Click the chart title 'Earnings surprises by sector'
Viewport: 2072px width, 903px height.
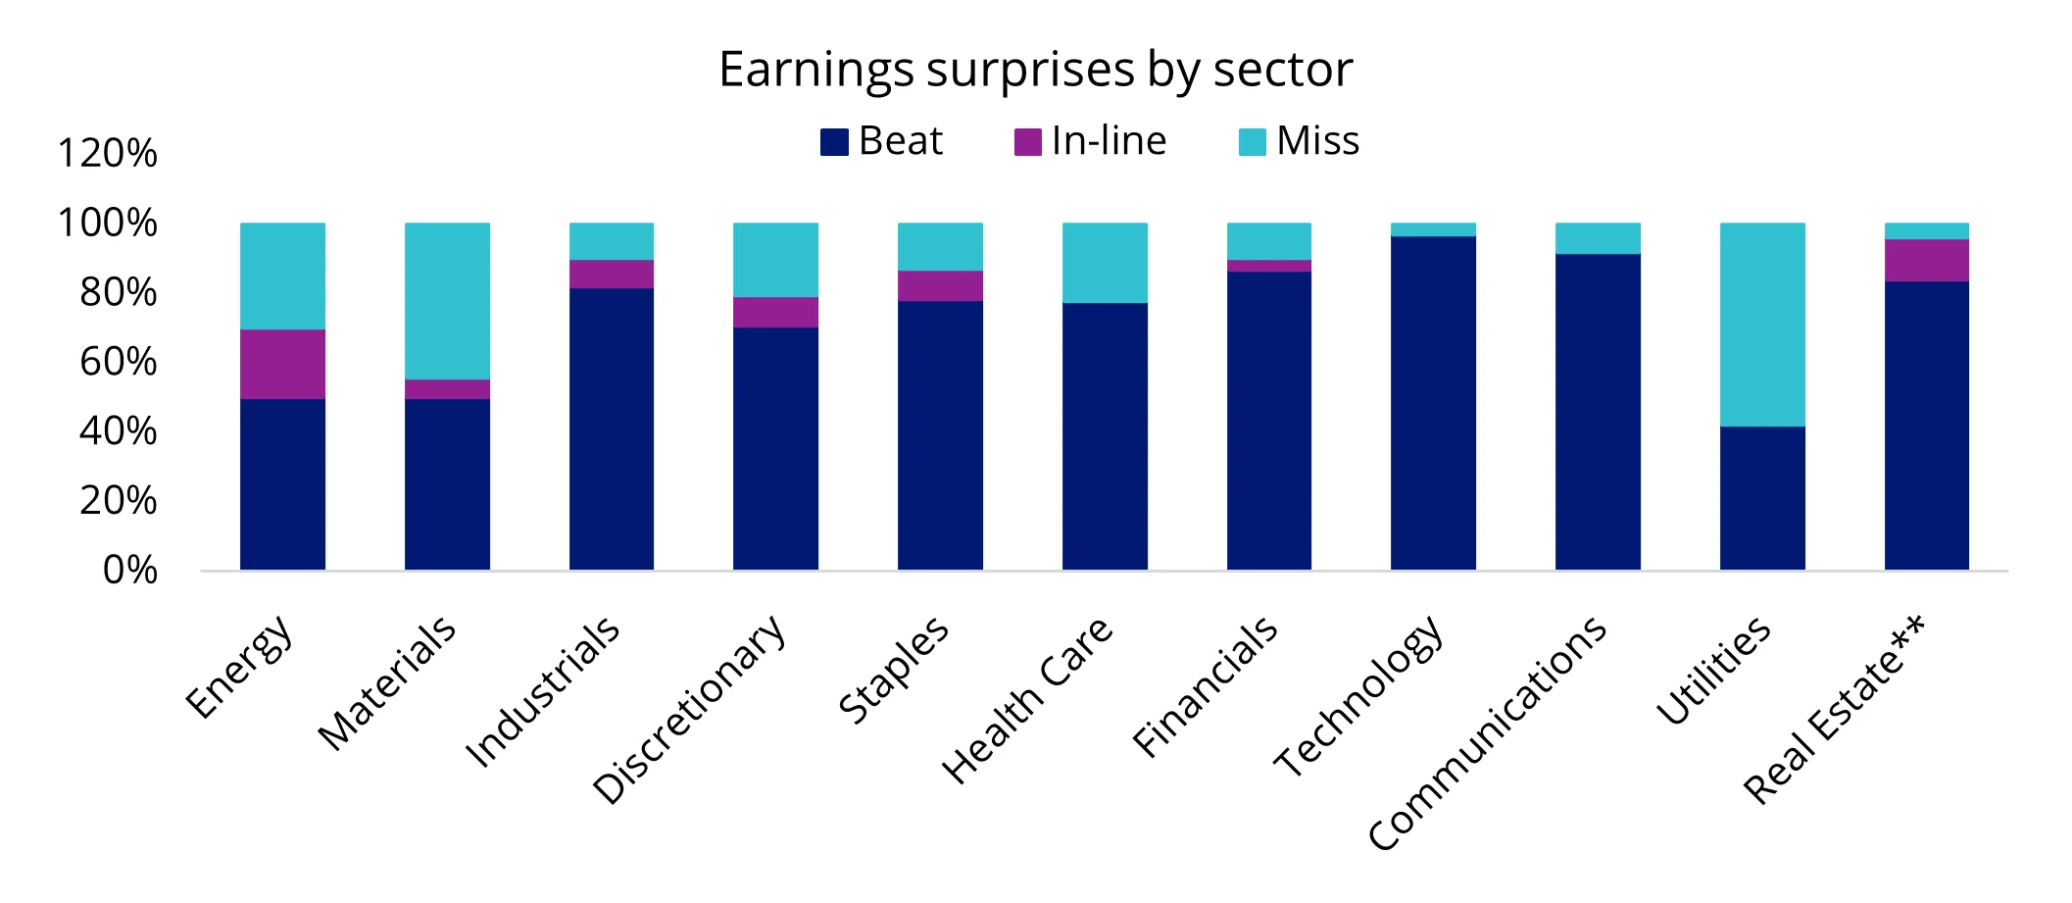point(1035,70)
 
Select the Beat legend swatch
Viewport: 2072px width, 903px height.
point(833,142)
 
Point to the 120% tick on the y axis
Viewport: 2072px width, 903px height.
point(108,153)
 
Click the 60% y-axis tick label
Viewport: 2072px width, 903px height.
point(119,362)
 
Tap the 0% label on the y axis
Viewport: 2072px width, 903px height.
point(130,570)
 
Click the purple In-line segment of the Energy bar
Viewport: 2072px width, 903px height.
point(282,364)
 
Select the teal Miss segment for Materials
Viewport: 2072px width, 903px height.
point(447,300)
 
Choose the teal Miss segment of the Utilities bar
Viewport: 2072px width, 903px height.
point(1762,324)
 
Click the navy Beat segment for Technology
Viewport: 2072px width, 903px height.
point(1433,402)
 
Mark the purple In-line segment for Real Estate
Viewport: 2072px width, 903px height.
point(1926,260)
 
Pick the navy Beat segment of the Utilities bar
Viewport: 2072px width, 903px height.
point(1762,498)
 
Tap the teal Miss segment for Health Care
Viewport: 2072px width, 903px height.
point(1105,263)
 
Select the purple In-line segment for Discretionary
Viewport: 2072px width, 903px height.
point(775,312)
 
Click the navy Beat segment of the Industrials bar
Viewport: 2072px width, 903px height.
point(611,428)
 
